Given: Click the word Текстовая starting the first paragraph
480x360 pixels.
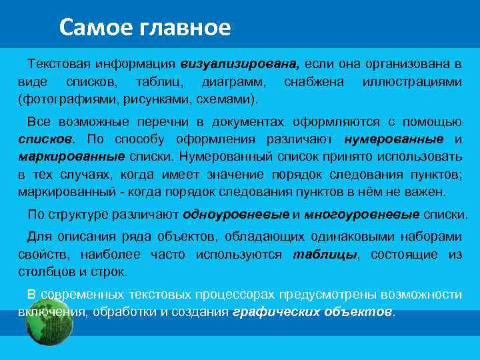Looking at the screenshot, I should coord(59,65).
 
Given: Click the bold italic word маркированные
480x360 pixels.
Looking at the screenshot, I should coord(71,157).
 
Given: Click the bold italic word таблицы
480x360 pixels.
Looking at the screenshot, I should coord(325,255).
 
